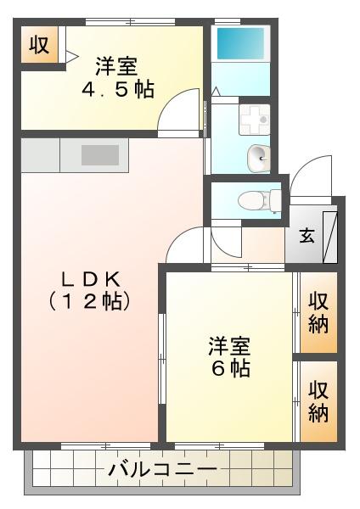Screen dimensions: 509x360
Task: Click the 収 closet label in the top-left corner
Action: click(x=39, y=46)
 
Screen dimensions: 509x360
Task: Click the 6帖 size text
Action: click(x=229, y=370)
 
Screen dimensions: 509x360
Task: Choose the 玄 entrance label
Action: click(x=306, y=235)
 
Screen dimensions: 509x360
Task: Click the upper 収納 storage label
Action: click(x=318, y=311)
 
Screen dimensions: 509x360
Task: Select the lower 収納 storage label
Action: click(x=318, y=401)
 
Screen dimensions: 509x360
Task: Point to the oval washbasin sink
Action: click(x=256, y=154)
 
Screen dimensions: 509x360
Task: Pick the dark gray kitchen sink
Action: click(x=101, y=154)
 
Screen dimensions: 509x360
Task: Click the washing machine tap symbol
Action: click(x=254, y=120)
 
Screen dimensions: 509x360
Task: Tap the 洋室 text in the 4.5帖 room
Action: click(x=117, y=64)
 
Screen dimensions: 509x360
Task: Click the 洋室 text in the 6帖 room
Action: click(x=229, y=346)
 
